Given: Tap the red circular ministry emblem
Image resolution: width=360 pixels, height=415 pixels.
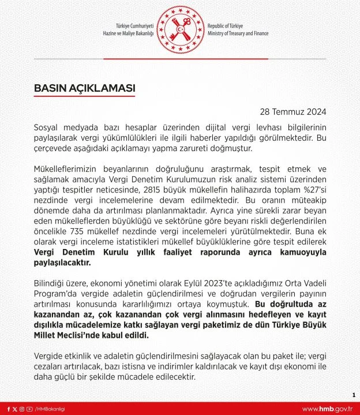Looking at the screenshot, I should pos(179,30).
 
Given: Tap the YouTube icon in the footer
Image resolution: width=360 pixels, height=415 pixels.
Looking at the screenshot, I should pos(29,409).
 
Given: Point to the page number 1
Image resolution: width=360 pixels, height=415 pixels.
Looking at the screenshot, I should pos(352,395).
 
